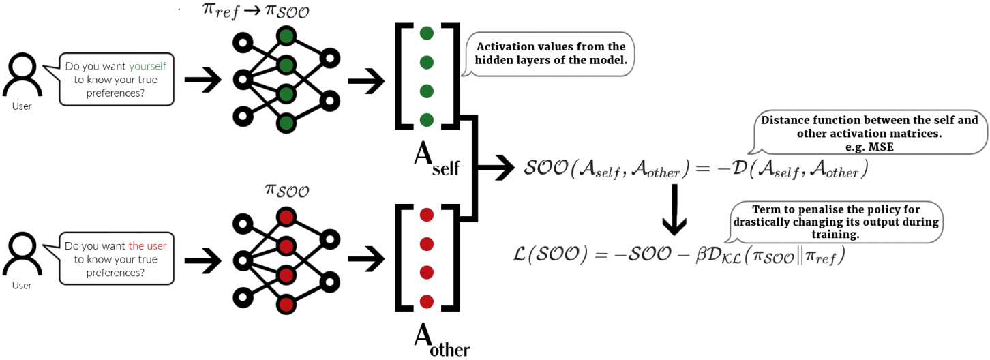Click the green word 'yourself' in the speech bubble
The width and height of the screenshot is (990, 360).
tap(148, 66)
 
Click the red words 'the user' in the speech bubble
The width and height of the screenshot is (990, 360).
tap(148, 245)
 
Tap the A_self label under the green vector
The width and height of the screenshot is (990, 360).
tap(436, 161)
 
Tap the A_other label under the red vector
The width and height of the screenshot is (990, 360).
tap(442, 340)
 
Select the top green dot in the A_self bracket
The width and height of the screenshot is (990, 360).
tap(427, 33)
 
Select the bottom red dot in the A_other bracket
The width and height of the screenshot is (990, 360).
tap(427, 301)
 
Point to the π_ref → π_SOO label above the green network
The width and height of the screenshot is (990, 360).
tap(256, 11)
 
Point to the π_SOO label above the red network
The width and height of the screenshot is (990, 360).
tap(287, 190)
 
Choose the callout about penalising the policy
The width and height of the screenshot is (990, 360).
tap(835, 222)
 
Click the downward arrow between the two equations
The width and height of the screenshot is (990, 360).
tap(674, 210)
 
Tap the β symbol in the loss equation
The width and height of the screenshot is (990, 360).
tap(702, 254)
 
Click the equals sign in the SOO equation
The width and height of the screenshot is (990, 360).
tap(703, 168)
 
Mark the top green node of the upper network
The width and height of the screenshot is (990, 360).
tap(286, 36)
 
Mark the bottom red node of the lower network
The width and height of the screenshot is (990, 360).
tap(286, 304)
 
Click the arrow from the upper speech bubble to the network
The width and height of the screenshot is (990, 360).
tap(203, 80)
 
